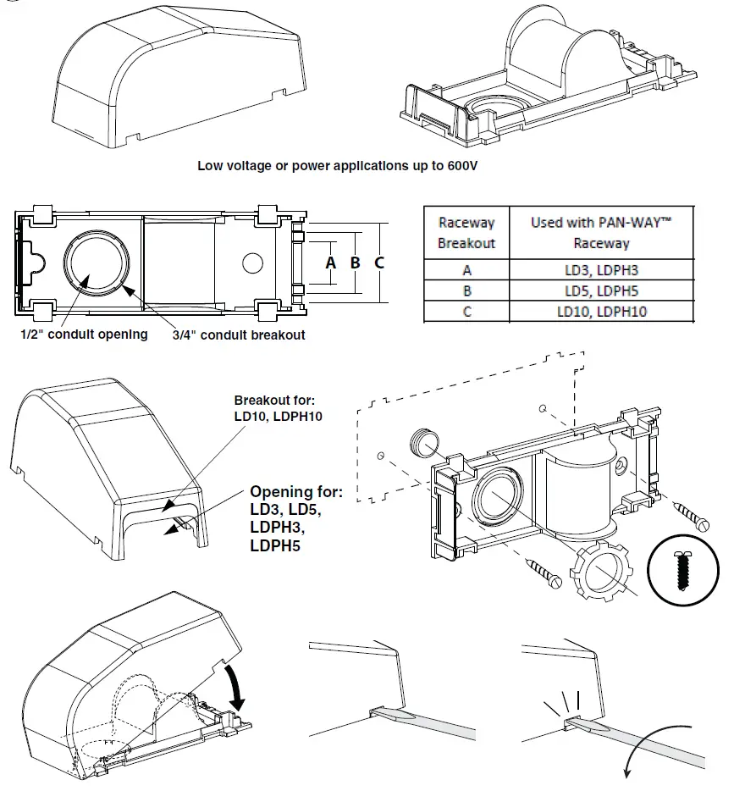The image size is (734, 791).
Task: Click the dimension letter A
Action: coord(331,263)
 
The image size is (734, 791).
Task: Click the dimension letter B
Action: coord(356,263)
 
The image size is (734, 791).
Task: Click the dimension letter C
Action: coord(379,263)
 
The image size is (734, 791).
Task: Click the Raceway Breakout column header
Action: coord(466,232)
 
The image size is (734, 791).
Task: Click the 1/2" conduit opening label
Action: coord(84,334)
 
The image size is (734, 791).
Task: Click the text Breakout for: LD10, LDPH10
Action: coord(279,408)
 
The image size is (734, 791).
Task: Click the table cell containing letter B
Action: coord(466,290)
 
